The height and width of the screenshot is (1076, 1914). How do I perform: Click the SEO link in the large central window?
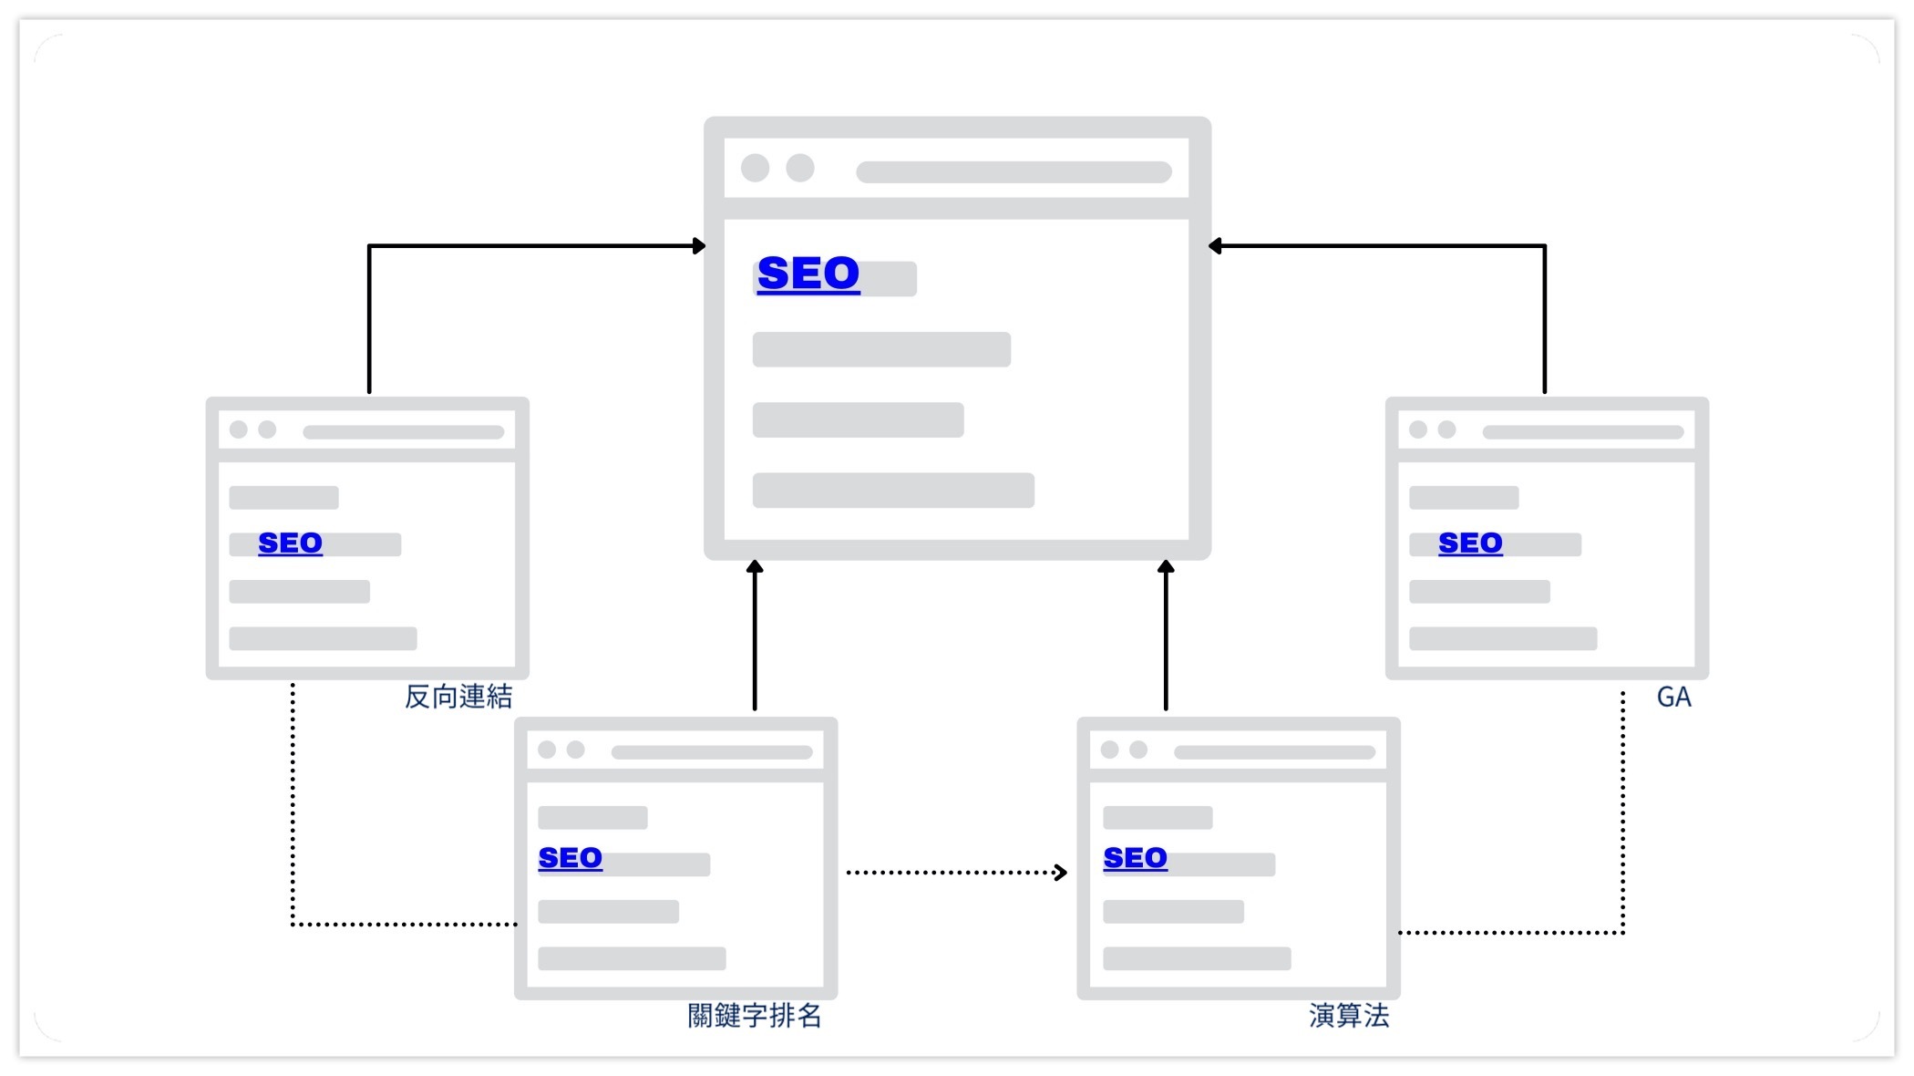coord(808,274)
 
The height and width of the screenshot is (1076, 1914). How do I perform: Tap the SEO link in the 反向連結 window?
coord(290,543)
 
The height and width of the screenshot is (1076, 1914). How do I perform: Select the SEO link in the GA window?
coord(1470,543)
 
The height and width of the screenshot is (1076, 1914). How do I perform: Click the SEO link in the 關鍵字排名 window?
coord(570,858)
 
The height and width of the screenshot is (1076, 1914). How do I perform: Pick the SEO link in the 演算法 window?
coord(1135,858)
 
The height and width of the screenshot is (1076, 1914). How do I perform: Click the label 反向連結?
coord(458,698)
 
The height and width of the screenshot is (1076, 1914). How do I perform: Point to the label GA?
coord(1673,698)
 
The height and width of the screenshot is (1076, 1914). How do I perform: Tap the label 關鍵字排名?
coord(755,1016)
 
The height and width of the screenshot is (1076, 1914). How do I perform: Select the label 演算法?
coord(1349,1016)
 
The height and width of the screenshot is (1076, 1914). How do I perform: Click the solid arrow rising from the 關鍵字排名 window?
coord(755,638)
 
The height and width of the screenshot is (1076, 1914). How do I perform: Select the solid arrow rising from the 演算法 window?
coord(1166,638)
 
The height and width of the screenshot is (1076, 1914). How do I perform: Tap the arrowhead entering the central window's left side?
coord(699,246)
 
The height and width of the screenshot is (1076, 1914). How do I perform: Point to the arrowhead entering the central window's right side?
coord(1216,246)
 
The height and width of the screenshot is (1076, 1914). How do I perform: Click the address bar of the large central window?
coord(1014,172)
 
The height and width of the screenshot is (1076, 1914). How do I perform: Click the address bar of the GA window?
coord(1582,432)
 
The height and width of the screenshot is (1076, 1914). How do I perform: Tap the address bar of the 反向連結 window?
coord(403,432)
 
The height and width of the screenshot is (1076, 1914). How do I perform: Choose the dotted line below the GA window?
coord(1623,812)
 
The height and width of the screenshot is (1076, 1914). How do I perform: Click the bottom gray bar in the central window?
coord(893,491)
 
